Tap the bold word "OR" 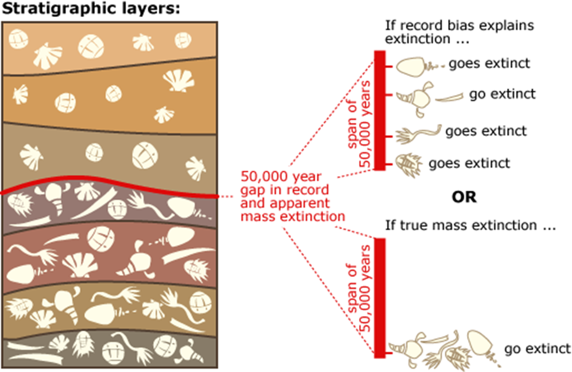464,197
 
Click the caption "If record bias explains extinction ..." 459,32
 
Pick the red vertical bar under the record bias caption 380,110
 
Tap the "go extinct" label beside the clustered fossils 537,348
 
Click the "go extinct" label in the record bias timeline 502,94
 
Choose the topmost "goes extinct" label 489,63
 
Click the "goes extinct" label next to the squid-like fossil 486,131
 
